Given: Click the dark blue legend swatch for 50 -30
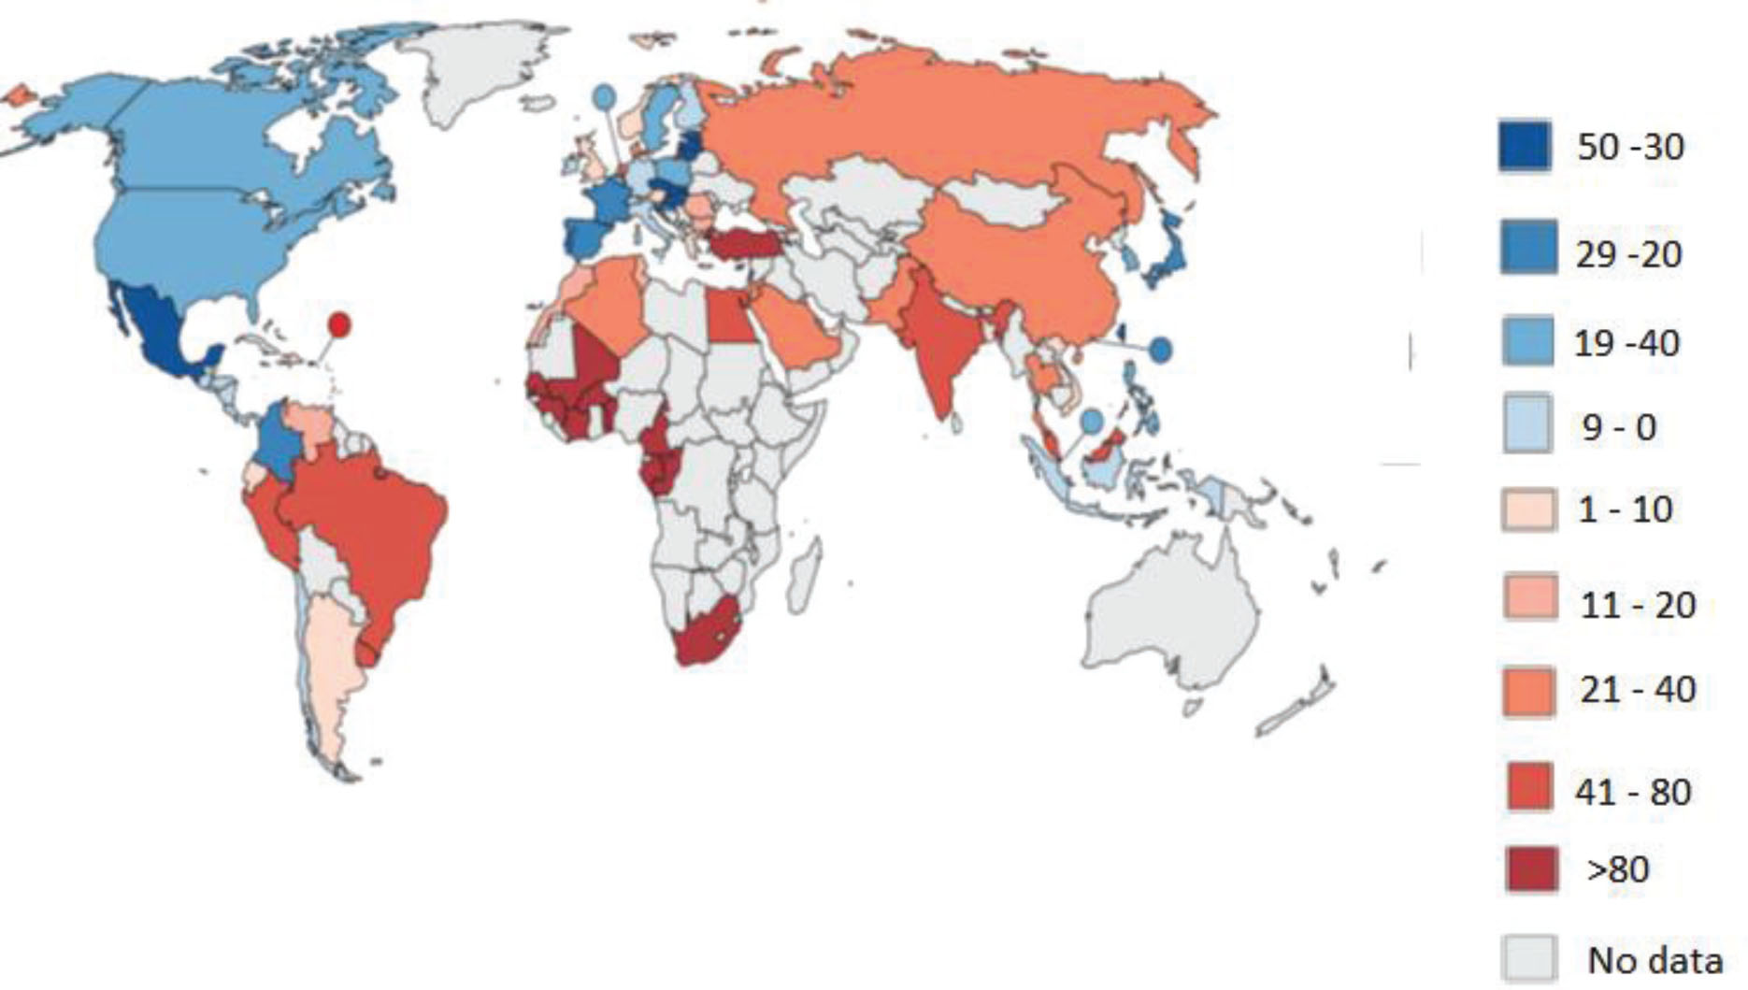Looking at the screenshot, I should [x=1525, y=147].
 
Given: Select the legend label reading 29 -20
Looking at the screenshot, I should [x=1628, y=253].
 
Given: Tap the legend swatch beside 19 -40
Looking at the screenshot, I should [x=1527, y=341].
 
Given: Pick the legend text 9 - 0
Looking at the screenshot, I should [x=1618, y=427].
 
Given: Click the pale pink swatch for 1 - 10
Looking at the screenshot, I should [x=1529, y=510].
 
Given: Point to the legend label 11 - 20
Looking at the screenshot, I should [x=1638, y=605].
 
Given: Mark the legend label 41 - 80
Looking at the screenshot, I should [x=1633, y=792].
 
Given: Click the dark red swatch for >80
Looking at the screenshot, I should [x=1531, y=869].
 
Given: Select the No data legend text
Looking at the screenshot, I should [x=1655, y=959].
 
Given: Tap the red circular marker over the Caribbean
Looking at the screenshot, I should [x=339, y=324].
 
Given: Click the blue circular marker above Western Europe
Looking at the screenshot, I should [x=605, y=96].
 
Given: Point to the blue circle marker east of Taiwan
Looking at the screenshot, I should [x=1160, y=349].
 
